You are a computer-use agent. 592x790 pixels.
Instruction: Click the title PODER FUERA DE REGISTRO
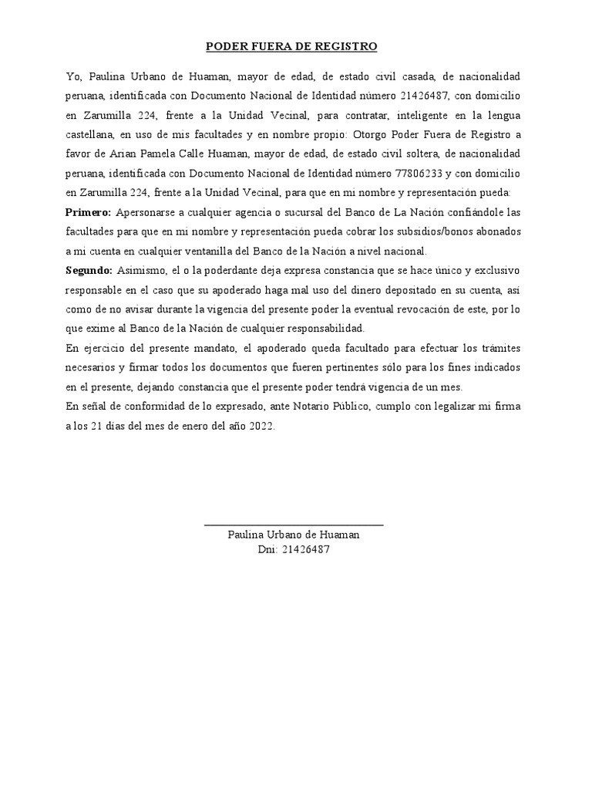291,47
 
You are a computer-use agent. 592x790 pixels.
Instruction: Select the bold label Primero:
89,212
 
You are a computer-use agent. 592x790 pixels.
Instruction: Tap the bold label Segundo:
89,270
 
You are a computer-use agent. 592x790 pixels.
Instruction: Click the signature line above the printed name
294,525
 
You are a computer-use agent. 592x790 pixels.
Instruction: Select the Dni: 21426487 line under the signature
294,550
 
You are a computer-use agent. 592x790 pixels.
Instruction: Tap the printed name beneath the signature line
294,535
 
